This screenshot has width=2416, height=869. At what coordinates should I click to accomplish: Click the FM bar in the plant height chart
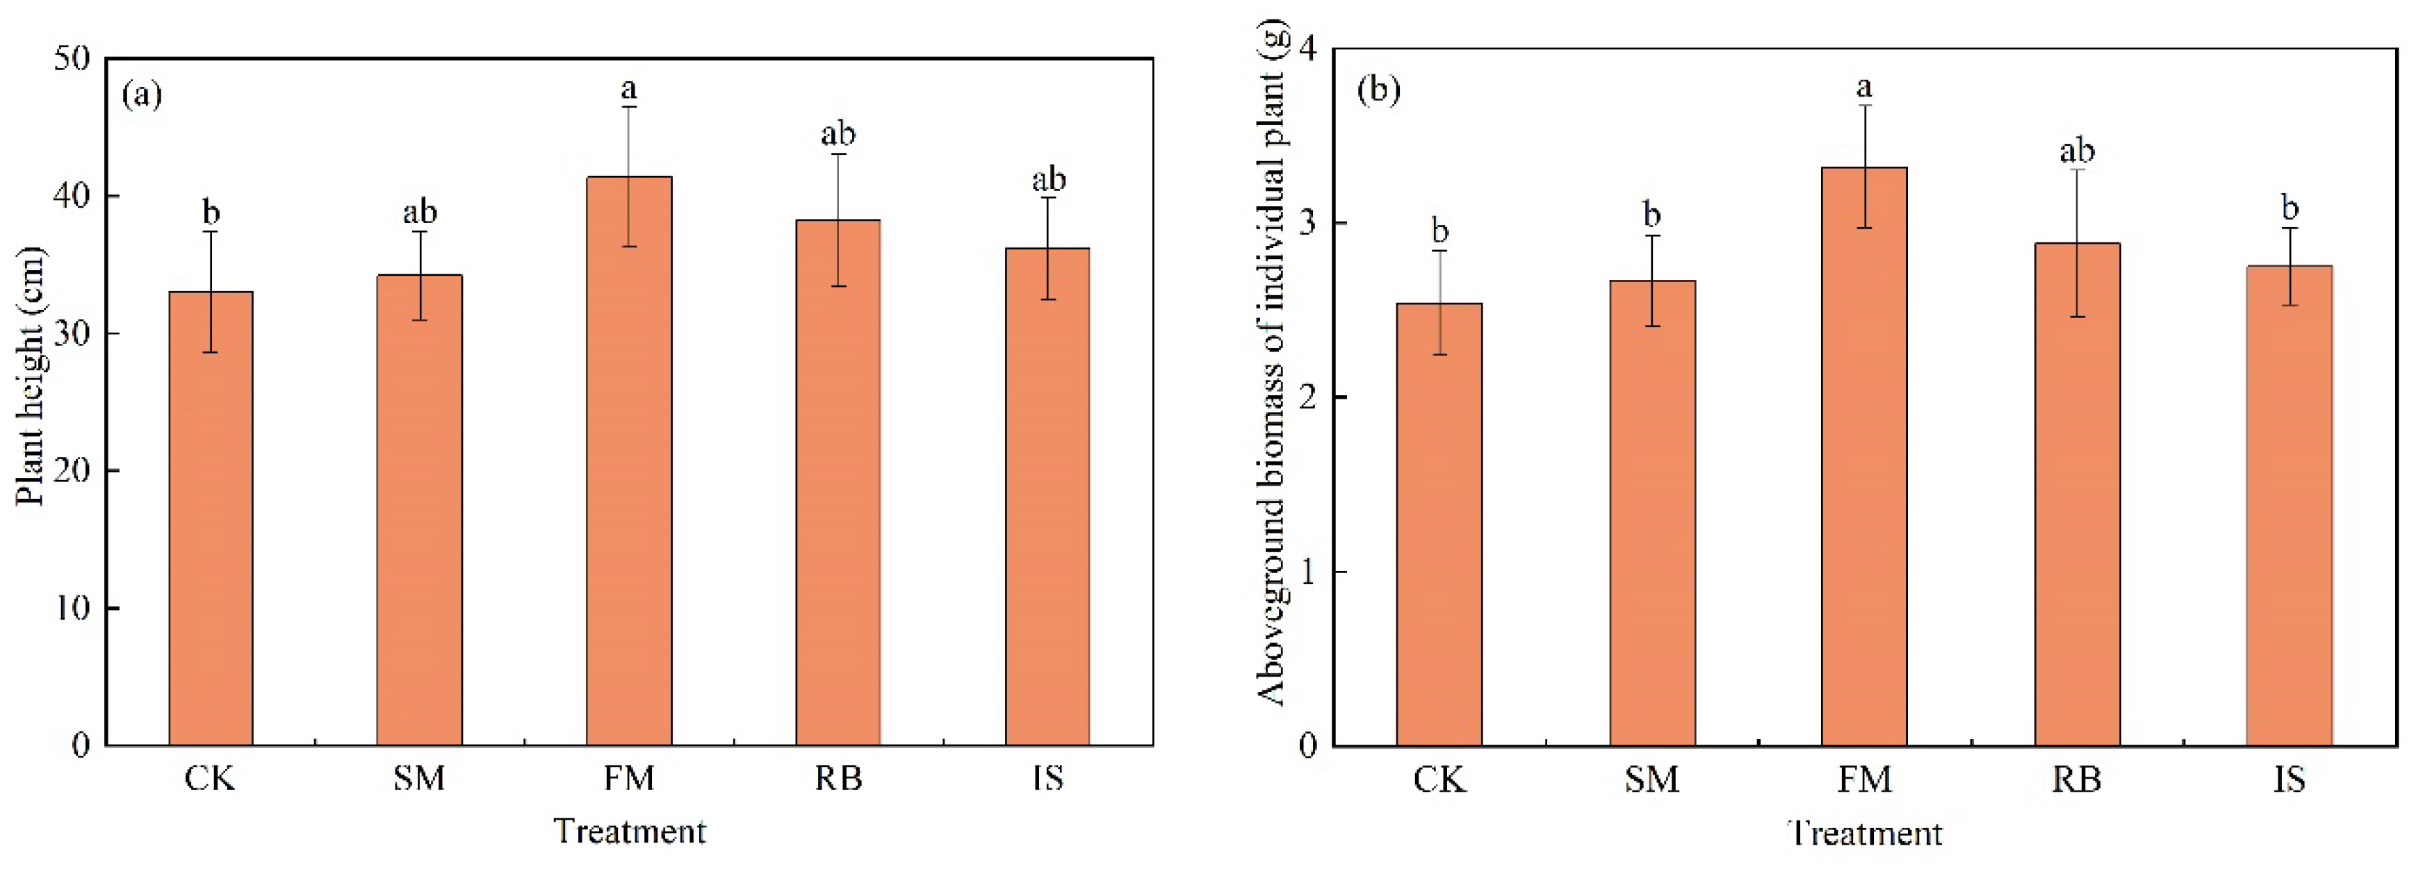pos(628,469)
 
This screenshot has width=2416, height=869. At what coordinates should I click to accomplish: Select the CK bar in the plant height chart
pos(211,525)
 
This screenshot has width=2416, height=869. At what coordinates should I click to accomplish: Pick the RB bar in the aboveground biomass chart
pos(2077,497)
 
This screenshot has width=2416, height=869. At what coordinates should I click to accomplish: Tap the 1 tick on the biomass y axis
pos(1308,572)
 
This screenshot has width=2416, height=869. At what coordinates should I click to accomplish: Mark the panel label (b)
pos(1379,90)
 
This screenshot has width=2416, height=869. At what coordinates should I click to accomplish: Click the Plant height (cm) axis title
pos(31,375)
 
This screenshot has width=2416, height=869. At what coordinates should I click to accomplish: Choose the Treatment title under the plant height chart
pos(629,831)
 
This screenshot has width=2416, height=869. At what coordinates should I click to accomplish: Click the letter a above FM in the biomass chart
pos(1865,88)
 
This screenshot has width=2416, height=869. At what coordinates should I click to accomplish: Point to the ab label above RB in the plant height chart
pos(838,134)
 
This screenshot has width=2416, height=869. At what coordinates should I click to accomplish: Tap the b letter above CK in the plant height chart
pos(211,213)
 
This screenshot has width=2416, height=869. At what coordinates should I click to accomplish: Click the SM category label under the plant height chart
pos(419,778)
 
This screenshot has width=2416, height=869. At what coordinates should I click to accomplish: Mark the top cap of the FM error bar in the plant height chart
pos(629,107)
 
